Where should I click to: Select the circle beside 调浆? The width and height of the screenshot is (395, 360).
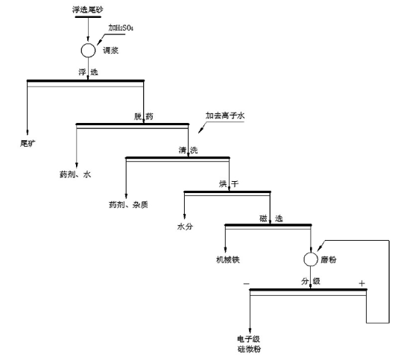pyautogui.click(x=88, y=50)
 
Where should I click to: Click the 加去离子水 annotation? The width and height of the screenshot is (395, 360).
pyautogui.click(x=228, y=116)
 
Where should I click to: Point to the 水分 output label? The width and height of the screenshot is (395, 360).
pyautogui.click(x=186, y=226)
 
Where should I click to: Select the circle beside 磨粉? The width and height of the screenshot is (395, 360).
pyautogui.click(x=310, y=259)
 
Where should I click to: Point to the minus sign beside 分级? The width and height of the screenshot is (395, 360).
pyautogui.click(x=247, y=283)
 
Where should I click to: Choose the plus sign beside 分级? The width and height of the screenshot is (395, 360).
pyautogui.click(x=361, y=283)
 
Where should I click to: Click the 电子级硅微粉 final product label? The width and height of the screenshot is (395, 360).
pyautogui.click(x=249, y=344)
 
